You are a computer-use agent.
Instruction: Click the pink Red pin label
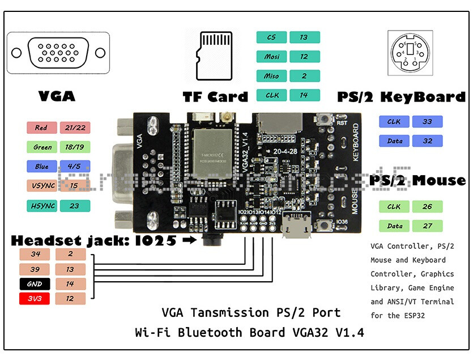[41, 128]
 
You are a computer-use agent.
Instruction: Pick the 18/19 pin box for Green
[74, 147]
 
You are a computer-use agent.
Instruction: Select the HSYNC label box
[41, 206]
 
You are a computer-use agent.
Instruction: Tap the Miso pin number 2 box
[304, 76]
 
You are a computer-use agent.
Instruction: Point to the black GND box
[35, 283]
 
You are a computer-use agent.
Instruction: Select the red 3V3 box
[35, 298]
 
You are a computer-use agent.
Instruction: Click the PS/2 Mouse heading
[417, 180]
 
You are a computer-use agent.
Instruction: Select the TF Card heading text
[215, 96]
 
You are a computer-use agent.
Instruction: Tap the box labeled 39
[35, 269]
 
